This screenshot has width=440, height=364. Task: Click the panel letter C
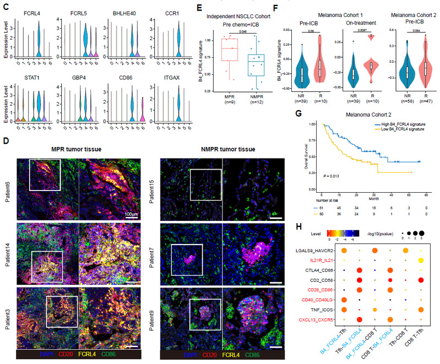[4, 5]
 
